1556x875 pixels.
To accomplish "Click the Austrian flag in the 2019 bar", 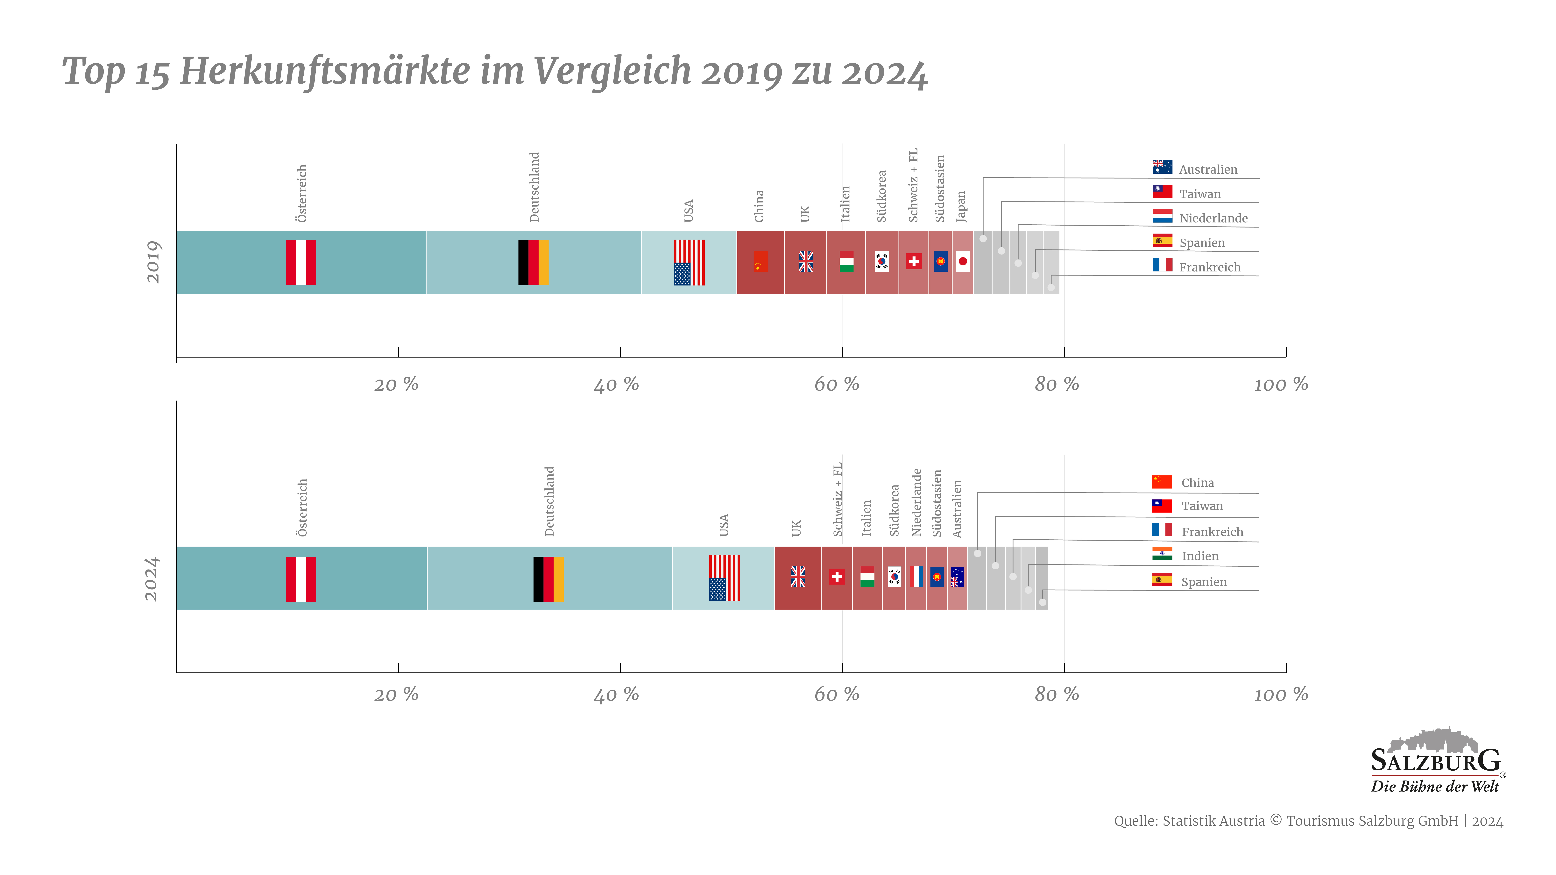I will [x=301, y=262].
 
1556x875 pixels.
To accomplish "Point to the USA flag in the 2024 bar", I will [x=724, y=578].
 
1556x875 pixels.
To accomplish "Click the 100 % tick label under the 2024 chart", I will [x=1281, y=694].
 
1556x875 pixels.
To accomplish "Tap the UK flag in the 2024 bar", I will [x=798, y=577].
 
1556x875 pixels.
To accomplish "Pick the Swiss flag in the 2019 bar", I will [x=913, y=262].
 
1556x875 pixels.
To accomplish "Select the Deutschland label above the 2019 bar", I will [x=534, y=187].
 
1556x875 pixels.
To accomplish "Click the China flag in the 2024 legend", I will [x=1162, y=481].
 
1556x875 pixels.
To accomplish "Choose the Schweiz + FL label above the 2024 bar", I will [x=837, y=499].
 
